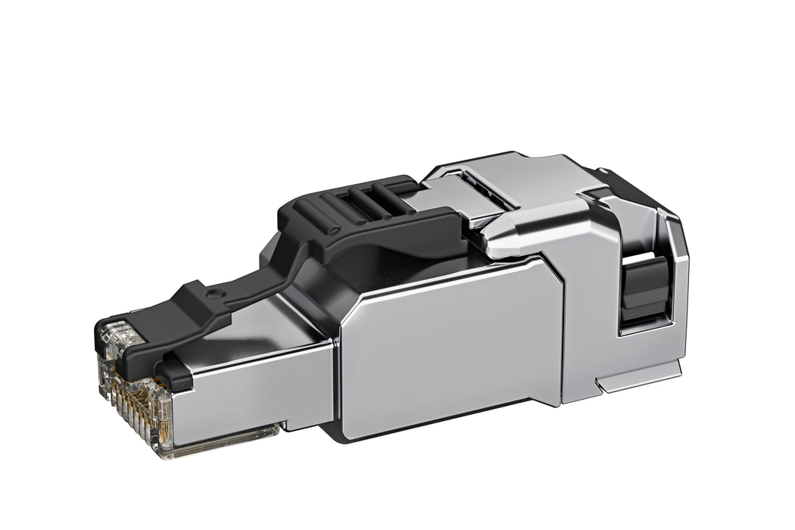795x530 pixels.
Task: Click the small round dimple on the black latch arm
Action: (217, 292)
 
